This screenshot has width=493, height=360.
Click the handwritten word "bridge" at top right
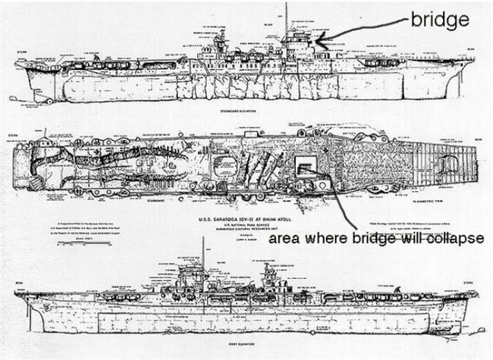[438, 19]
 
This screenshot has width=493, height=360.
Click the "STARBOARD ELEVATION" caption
[234, 111]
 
